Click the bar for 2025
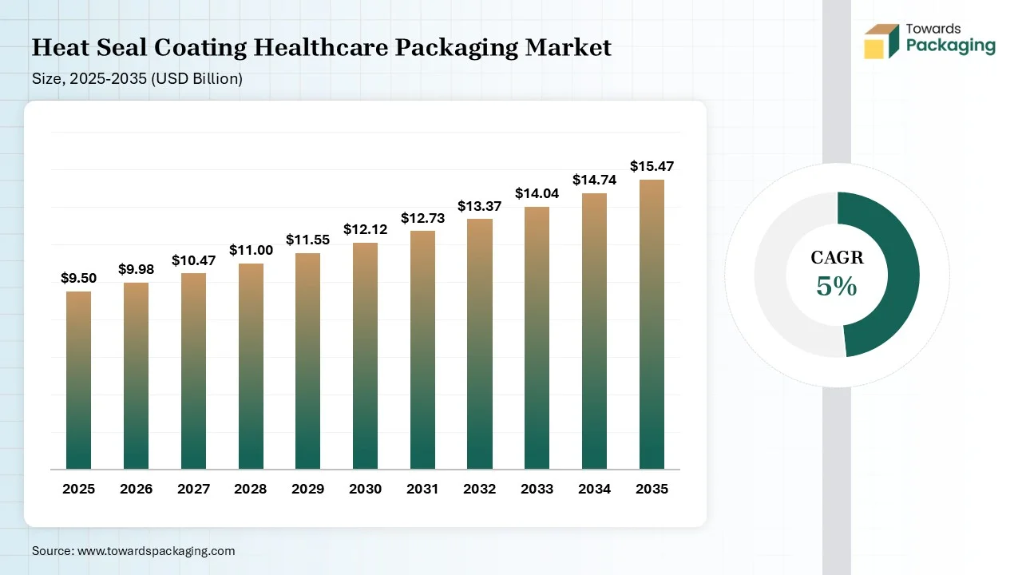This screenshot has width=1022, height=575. [78, 380]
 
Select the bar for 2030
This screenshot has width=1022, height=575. [365, 356]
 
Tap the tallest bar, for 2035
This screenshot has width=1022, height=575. [652, 324]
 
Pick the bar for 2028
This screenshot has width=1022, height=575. [251, 367]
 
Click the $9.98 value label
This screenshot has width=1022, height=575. [136, 270]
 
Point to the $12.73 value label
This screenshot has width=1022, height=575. [422, 218]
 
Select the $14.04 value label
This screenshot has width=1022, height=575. [537, 193]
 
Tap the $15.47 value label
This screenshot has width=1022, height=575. [652, 166]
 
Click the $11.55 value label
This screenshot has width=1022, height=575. [307, 240]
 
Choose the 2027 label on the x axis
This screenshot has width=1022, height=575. [193, 489]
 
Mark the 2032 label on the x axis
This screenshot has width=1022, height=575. [480, 489]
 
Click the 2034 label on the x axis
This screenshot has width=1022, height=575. [594, 489]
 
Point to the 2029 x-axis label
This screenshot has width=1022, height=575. [307, 489]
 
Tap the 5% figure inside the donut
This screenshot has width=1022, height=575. [836, 286]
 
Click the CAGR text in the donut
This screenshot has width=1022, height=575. [837, 257]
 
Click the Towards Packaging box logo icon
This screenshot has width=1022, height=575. [881, 42]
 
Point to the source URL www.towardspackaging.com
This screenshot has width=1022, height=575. [156, 551]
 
